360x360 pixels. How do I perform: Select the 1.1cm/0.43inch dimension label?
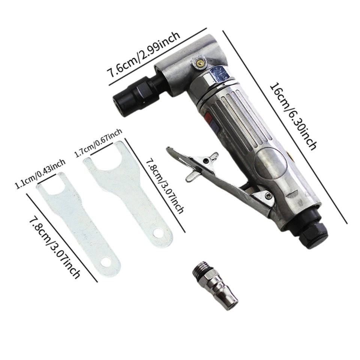40,174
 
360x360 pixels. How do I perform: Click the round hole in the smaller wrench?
108,262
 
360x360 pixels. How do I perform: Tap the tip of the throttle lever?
169,149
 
